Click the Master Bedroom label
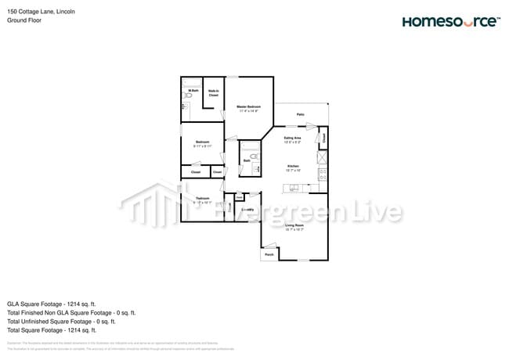click(248, 109)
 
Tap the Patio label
click(300, 115)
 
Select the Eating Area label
click(293, 139)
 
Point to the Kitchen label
click(293, 167)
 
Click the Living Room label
click(294, 228)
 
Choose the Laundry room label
click(248, 210)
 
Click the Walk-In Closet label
click(213, 93)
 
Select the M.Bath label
click(192, 92)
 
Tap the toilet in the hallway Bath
click(253, 157)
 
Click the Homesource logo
click(449, 21)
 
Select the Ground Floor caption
click(24, 20)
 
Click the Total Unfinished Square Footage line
click(61, 321)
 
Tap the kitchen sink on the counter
click(293, 188)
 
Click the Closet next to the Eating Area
click(323, 139)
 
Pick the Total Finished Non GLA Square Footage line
click(71, 312)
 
